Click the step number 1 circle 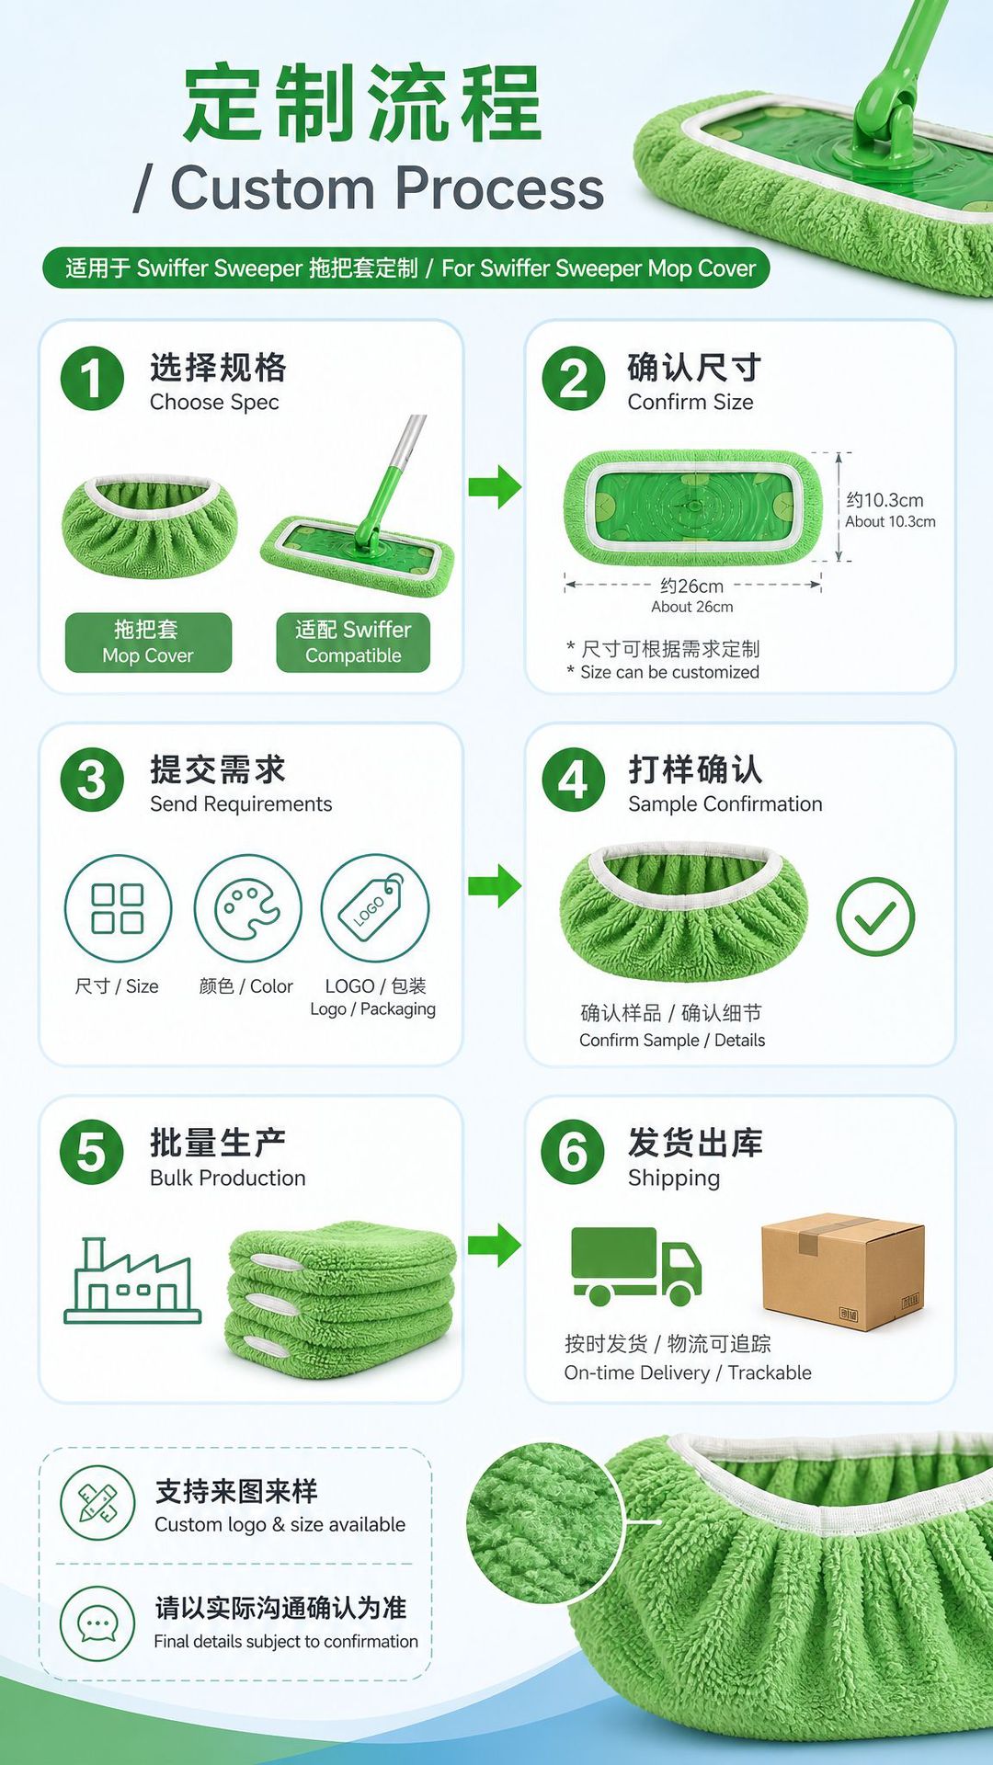(x=92, y=379)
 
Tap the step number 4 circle (x=574, y=780)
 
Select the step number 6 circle (x=574, y=1153)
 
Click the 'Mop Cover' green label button (x=148, y=643)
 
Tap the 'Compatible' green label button (x=353, y=643)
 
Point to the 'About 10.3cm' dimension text (x=891, y=522)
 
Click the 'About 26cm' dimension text (x=692, y=607)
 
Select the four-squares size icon (x=118, y=908)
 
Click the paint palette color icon (x=247, y=908)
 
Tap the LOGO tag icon (x=375, y=908)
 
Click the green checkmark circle (x=875, y=917)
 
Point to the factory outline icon (x=132, y=1281)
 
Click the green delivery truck (x=636, y=1267)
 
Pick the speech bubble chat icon (x=97, y=1623)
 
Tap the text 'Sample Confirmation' (x=725, y=804)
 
